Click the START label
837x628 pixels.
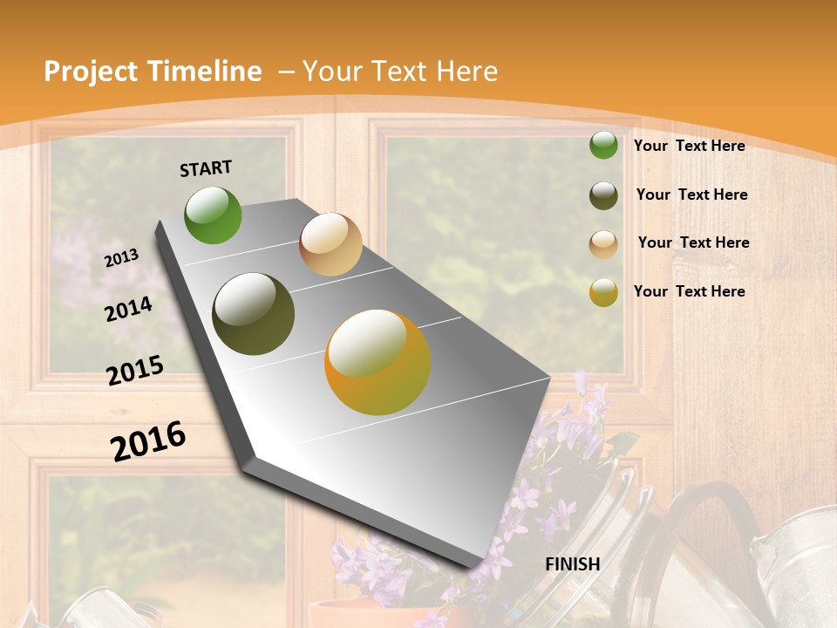click(x=206, y=168)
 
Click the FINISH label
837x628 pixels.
click(x=573, y=564)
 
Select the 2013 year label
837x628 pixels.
click(x=122, y=257)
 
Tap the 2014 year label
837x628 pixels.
click(x=129, y=309)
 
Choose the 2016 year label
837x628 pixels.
click(x=148, y=441)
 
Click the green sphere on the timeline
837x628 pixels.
click(x=213, y=215)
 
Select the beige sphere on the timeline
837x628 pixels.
click(x=330, y=244)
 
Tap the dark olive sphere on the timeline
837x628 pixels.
click(x=254, y=314)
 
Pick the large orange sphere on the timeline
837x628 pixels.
click(x=378, y=362)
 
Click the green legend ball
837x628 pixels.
click(x=603, y=145)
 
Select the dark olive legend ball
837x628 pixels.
click(x=603, y=195)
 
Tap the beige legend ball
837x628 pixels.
click(x=603, y=244)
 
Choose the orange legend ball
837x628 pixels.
click(x=603, y=292)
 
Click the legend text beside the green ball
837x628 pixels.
click(x=689, y=146)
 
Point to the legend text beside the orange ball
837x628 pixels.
click(x=689, y=291)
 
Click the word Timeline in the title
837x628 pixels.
click(x=206, y=72)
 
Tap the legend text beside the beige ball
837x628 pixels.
click(x=693, y=242)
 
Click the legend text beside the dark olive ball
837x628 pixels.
click(x=691, y=195)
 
